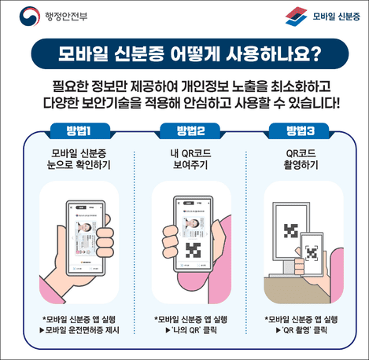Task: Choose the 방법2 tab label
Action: (x=183, y=130)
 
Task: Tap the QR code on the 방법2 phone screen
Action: (x=192, y=251)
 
